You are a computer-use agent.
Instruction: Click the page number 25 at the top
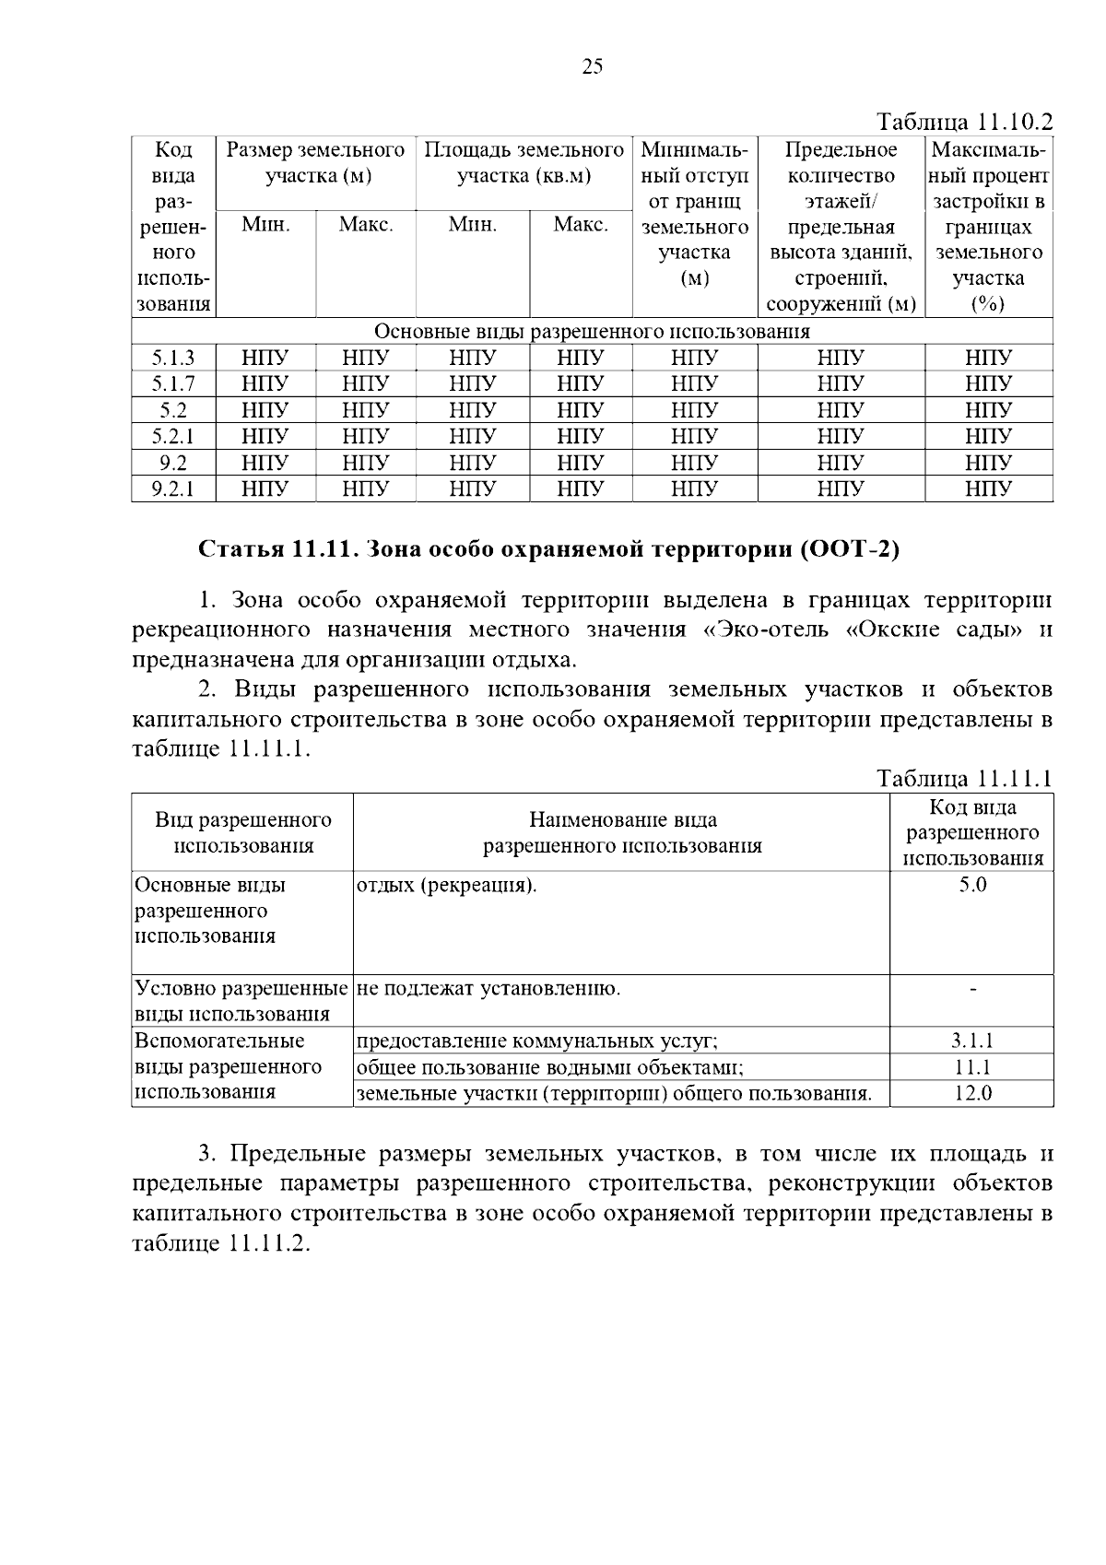click(x=593, y=66)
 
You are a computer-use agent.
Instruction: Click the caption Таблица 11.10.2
click(x=964, y=123)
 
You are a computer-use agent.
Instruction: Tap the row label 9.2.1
click(x=173, y=488)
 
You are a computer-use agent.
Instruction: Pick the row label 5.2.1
click(x=173, y=436)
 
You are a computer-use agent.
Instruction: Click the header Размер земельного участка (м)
click(x=316, y=162)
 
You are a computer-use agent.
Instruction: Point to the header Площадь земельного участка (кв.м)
click(x=524, y=162)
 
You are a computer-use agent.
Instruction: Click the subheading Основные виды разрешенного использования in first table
click(x=592, y=332)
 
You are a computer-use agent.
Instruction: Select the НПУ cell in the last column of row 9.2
click(x=988, y=463)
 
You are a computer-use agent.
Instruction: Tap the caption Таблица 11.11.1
click(x=964, y=780)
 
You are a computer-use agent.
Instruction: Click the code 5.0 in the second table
click(x=972, y=886)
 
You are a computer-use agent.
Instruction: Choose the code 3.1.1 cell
click(x=972, y=1041)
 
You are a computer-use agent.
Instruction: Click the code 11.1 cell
click(x=972, y=1067)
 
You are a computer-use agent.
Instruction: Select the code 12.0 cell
click(x=972, y=1094)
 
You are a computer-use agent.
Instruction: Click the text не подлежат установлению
click(x=488, y=990)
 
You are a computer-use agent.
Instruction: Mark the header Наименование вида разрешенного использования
click(x=622, y=833)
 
